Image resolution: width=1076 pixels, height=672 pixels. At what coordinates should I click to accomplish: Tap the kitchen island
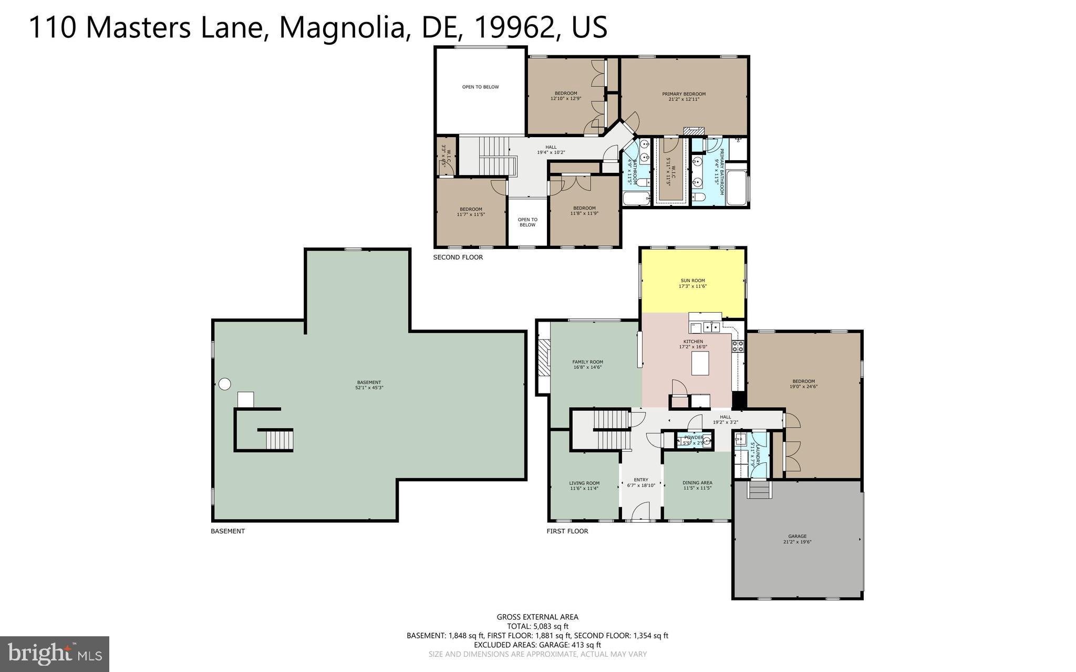click(x=700, y=363)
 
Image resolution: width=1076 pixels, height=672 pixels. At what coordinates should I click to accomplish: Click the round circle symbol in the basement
click(x=224, y=384)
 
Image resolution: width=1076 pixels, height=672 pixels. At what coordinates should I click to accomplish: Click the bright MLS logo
click(x=55, y=654)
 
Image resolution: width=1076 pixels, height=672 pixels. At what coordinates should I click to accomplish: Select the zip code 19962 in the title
click(x=514, y=27)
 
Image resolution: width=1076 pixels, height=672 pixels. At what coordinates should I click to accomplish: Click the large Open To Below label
click(x=480, y=87)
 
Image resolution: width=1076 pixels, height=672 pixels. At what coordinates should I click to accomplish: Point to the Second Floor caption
click(x=458, y=257)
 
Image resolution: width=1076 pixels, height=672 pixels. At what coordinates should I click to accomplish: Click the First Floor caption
click(x=567, y=531)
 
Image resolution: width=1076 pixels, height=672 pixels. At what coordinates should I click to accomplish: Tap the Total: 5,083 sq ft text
click(x=537, y=626)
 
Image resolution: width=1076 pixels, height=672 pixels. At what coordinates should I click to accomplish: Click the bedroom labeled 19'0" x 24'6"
click(x=803, y=384)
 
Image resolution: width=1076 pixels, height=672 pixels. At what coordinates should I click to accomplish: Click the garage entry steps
click(x=760, y=491)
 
